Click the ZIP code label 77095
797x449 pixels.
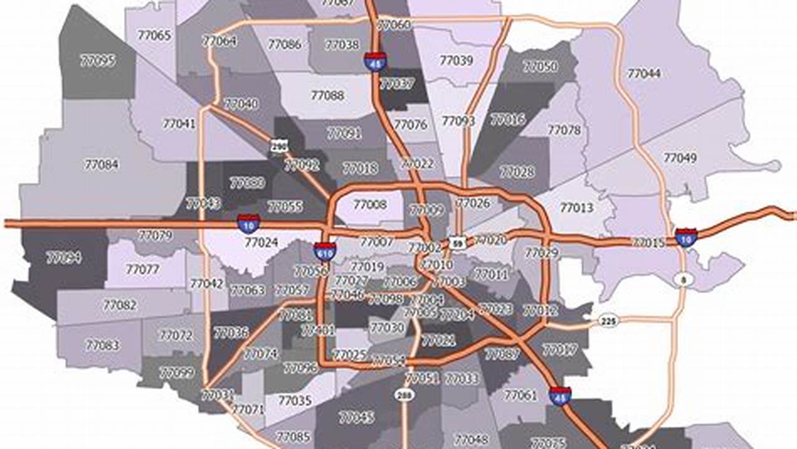pyautogui.click(x=98, y=60)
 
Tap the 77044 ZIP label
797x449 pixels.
pyautogui.click(x=644, y=74)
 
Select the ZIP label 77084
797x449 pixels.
pyautogui.click(x=101, y=165)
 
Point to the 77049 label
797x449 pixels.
pyautogui.click(x=680, y=158)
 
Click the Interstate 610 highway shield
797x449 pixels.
pyautogui.click(x=325, y=251)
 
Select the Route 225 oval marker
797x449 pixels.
pyautogui.click(x=608, y=321)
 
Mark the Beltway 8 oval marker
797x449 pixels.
pyautogui.click(x=684, y=280)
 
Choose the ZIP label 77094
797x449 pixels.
pyautogui.click(x=64, y=258)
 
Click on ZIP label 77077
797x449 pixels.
pyautogui.click(x=143, y=269)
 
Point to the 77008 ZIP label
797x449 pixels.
pyautogui.click(x=370, y=205)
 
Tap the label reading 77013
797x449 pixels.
pyautogui.click(x=576, y=208)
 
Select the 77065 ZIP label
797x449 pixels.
pyautogui.click(x=153, y=36)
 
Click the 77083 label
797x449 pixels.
pyautogui.click(x=103, y=345)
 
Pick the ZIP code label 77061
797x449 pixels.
pyautogui.click(x=520, y=395)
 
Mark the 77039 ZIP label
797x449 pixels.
pyautogui.click(x=456, y=60)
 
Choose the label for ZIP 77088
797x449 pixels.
pyautogui.click(x=327, y=95)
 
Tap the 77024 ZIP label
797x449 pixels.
pyautogui.click(x=261, y=242)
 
